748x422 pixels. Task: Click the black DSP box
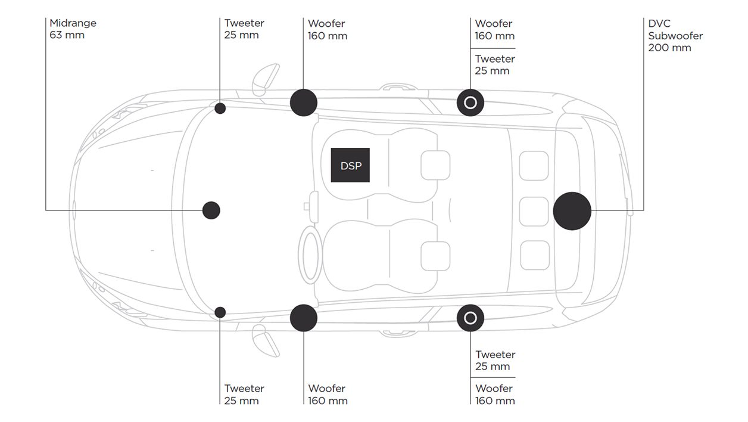tap(350, 165)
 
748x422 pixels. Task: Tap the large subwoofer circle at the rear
tap(572, 210)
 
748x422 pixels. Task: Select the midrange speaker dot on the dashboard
tap(211, 210)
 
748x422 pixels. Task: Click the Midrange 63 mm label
tap(73, 29)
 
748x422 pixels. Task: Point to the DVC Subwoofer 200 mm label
tap(675, 36)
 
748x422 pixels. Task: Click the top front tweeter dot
tap(220, 108)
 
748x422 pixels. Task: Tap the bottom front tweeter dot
tap(220, 312)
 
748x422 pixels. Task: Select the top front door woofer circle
tap(304, 102)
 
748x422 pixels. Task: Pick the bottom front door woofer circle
tap(304, 318)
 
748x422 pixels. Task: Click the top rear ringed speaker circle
tap(470, 103)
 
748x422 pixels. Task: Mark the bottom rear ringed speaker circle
tap(470, 318)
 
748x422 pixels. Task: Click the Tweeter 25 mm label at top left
tap(244, 29)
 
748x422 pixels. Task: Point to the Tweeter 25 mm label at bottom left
tap(244, 394)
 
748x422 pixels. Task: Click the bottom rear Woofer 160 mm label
tap(495, 395)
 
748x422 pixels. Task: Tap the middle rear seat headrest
tap(534, 211)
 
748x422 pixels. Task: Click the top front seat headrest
tap(435, 165)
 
